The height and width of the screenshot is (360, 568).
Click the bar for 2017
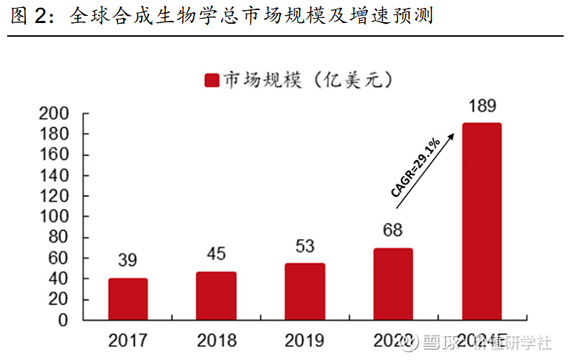(128, 299)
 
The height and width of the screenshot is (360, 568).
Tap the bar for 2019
(305, 292)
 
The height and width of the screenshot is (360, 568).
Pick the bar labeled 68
(393, 284)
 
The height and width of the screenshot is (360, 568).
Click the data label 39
(127, 261)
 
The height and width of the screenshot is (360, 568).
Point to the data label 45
(216, 254)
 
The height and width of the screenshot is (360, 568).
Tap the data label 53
(305, 246)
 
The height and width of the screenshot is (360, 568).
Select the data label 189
(482, 107)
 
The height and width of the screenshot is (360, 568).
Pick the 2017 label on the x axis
(127, 338)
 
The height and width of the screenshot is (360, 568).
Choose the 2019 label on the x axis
(305, 338)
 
